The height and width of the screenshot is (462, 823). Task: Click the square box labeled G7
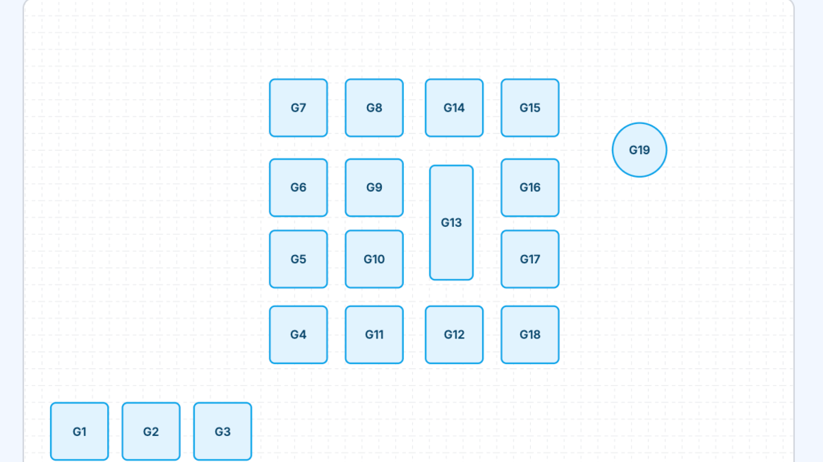coord(298,108)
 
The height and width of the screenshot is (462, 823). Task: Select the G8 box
coord(374,108)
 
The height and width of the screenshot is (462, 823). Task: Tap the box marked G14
coord(454,108)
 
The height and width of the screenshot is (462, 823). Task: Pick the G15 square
coord(529,108)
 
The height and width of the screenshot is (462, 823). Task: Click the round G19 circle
coord(639,150)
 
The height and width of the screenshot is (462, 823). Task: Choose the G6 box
coord(298,188)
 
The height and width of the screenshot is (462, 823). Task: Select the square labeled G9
coord(374,188)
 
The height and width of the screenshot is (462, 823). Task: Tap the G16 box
coord(529,188)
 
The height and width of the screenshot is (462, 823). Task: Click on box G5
coord(298,259)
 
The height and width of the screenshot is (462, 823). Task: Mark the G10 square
coord(374,259)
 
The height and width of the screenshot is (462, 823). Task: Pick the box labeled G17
coord(529,259)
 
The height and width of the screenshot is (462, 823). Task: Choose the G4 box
coord(298,335)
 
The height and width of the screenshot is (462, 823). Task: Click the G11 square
coord(374,335)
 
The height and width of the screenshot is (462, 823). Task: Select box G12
coord(454,335)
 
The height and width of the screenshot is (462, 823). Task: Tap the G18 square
coord(529,335)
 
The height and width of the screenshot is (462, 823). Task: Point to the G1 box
coord(80,431)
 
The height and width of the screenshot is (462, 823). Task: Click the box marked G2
coord(151,431)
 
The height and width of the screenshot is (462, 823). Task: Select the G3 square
coord(222,431)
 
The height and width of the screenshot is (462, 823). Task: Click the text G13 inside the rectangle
coord(451,223)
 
